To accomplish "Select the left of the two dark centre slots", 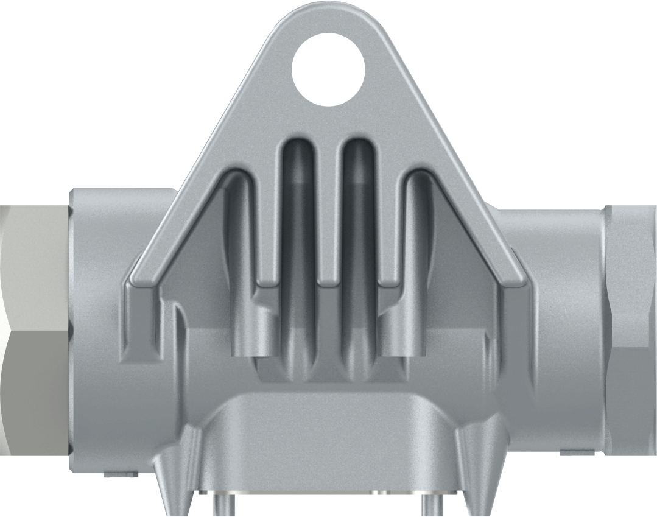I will click(x=299, y=244).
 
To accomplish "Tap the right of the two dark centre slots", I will click(x=358, y=244).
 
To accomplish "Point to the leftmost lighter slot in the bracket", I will click(x=240, y=256).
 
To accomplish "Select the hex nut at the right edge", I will click(x=630, y=329).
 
